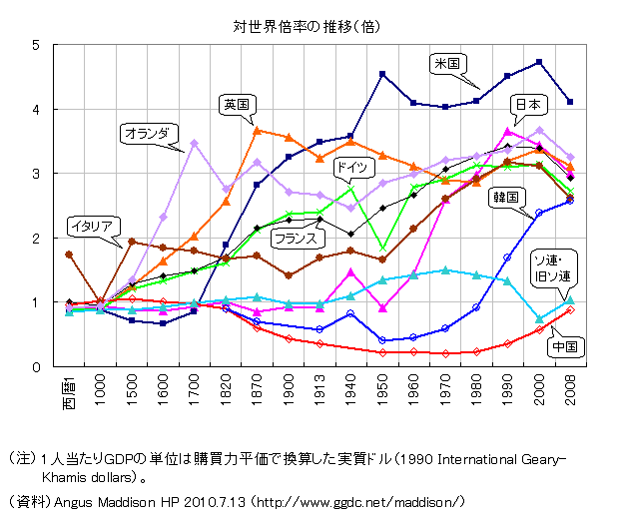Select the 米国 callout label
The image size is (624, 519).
(445, 62)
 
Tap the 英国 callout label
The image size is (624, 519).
(238, 104)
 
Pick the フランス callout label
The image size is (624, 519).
(296, 239)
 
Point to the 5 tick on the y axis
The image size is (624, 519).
(35, 45)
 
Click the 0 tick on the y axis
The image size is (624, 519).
(35, 367)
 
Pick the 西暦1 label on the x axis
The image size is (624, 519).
(69, 390)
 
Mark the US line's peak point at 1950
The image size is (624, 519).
(382, 74)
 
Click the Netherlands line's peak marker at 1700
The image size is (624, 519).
(195, 143)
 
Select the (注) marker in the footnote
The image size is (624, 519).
(23, 458)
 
